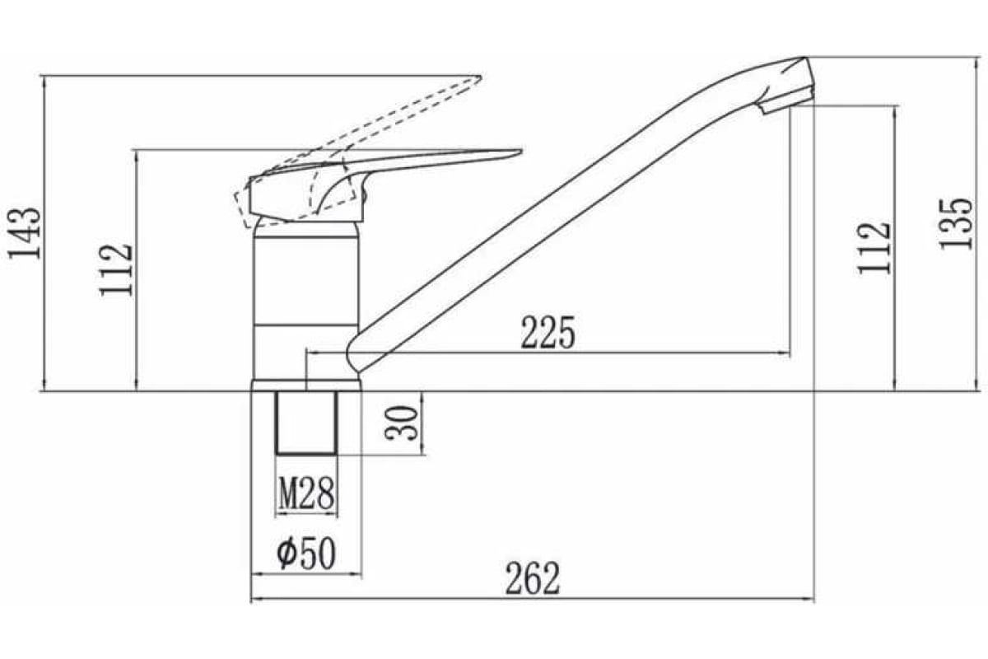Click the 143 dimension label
click(26, 232)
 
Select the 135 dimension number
click(956, 224)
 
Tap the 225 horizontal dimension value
click(548, 332)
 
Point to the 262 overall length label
click(533, 578)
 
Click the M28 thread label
click(306, 493)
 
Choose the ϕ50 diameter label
click(306, 554)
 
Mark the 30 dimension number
click(401, 423)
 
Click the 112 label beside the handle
click(116, 270)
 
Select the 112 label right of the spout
click(874, 249)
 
